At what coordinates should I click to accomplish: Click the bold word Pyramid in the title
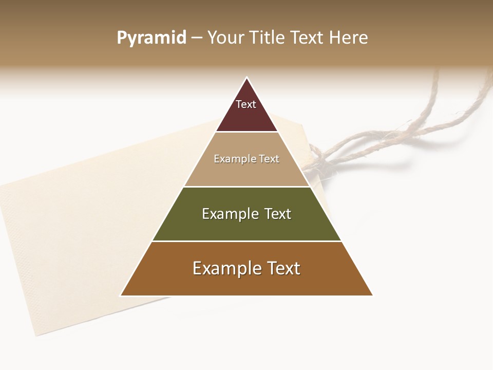[151, 38]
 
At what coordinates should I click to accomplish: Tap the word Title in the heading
[266, 38]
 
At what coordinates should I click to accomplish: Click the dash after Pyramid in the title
[197, 38]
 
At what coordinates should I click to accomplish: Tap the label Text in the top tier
[246, 104]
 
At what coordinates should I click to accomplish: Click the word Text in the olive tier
[277, 214]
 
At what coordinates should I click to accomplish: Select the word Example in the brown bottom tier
[223, 268]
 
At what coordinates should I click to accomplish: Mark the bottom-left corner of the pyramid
[121, 295]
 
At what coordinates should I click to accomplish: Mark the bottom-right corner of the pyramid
[372, 295]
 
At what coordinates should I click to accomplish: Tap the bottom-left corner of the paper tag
[36, 336]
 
